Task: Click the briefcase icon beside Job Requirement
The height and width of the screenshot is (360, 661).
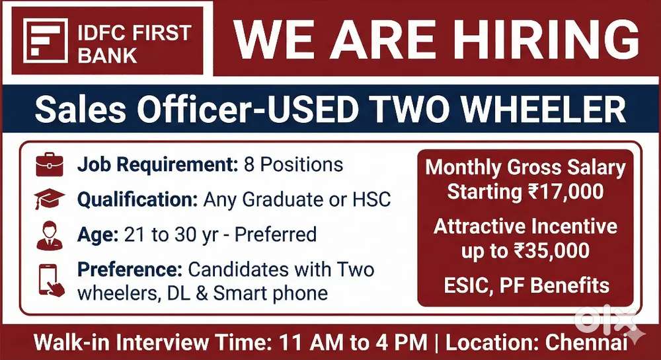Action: (x=49, y=164)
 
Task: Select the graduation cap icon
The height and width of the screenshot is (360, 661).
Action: (x=49, y=199)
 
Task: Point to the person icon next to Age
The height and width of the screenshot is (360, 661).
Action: (x=49, y=235)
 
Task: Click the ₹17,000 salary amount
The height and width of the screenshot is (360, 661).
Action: (x=566, y=192)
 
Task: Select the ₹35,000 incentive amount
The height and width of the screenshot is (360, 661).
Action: (x=553, y=250)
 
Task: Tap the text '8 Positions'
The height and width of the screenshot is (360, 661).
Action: (x=293, y=164)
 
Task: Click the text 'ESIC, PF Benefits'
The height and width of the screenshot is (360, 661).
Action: (x=525, y=285)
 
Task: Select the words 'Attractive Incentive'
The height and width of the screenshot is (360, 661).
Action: (x=525, y=227)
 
